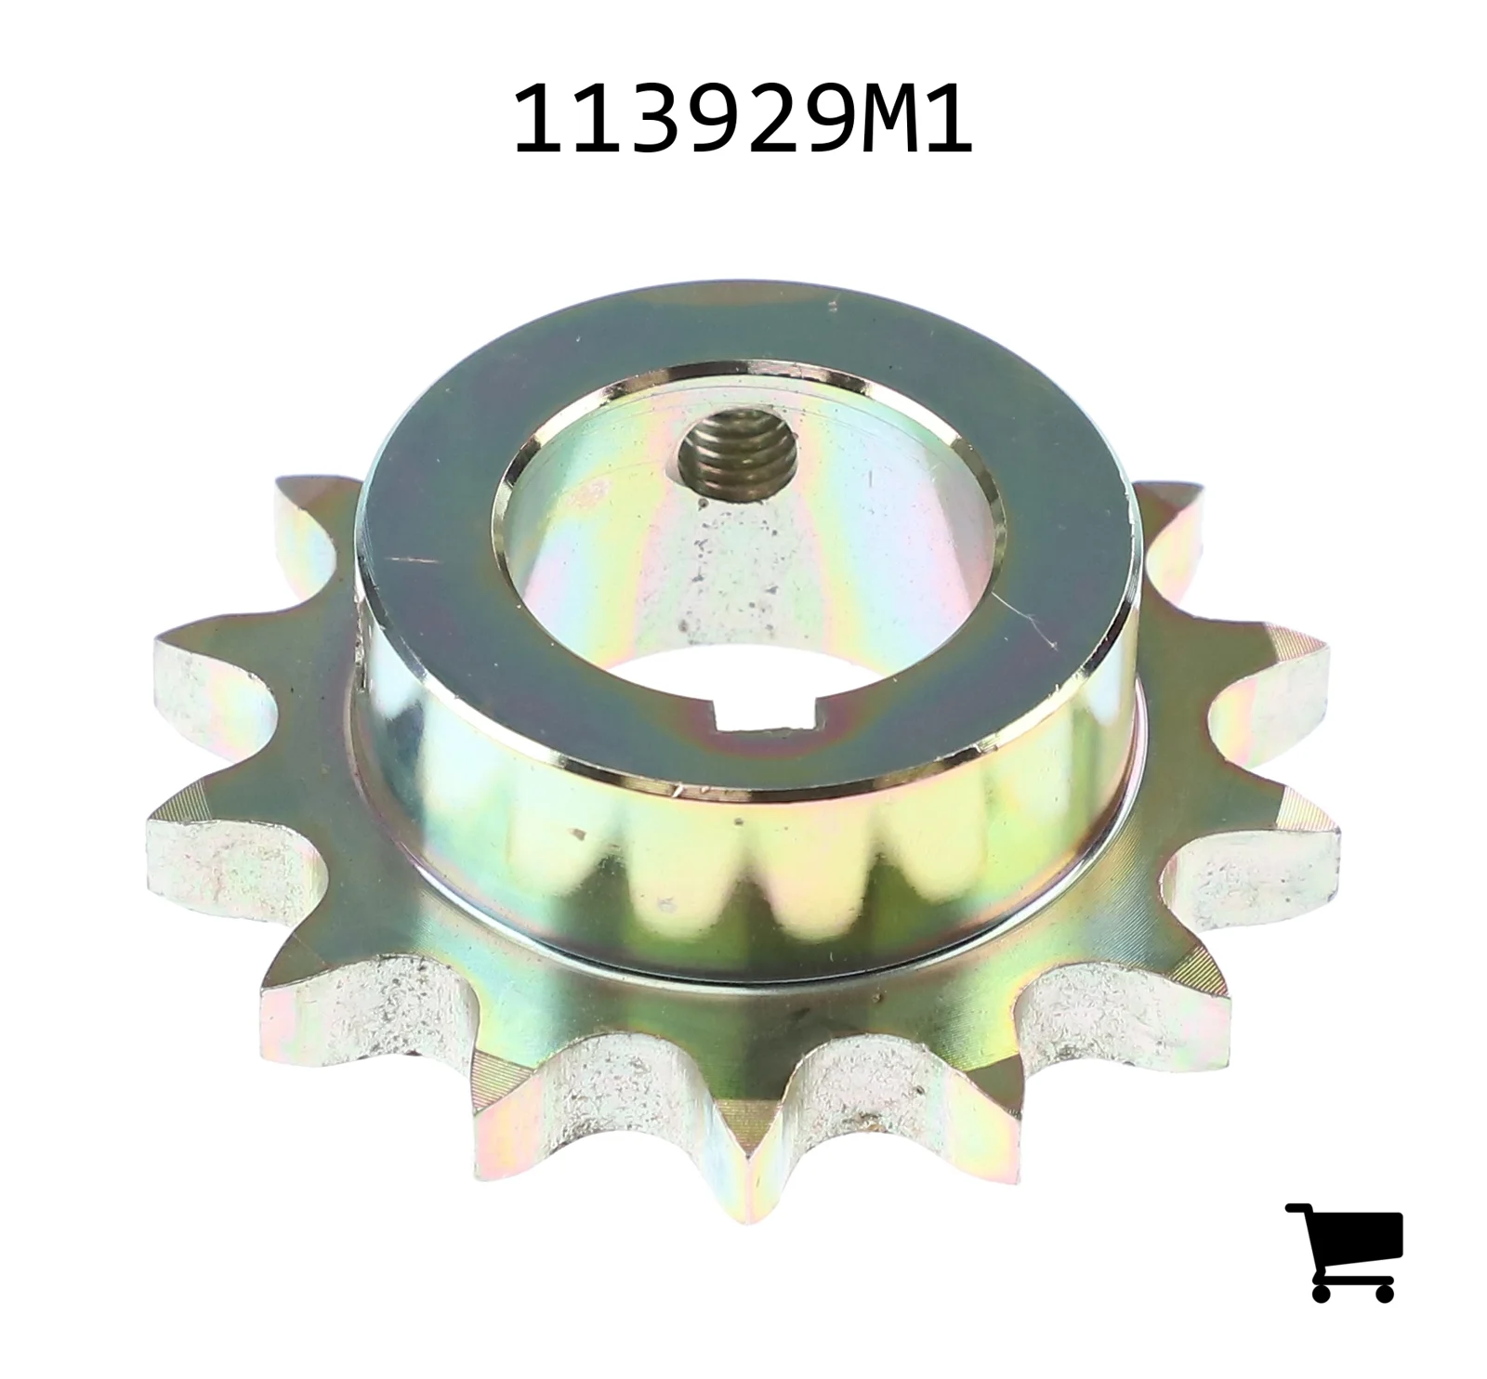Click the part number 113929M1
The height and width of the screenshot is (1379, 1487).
coord(742,119)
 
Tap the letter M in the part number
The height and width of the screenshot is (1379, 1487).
coord(884,119)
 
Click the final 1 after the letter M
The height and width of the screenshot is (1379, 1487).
coord(946,119)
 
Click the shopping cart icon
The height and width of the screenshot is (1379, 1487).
coord(1344,1251)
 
